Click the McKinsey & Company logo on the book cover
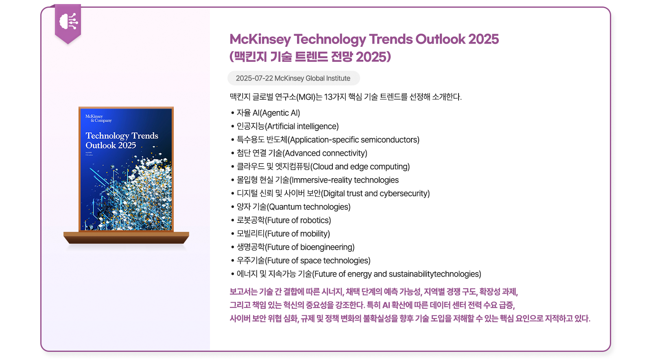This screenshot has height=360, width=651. click(x=98, y=118)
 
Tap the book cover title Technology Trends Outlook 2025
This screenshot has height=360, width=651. click(x=122, y=140)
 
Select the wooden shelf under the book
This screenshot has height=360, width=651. click(x=126, y=238)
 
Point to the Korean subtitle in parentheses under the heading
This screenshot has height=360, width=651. click(x=310, y=57)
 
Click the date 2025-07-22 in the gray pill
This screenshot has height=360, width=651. click(x=254, y=78)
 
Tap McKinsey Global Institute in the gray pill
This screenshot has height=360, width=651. click(x=312, y=78)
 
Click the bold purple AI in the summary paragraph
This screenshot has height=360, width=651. click(x=386, y=305)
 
